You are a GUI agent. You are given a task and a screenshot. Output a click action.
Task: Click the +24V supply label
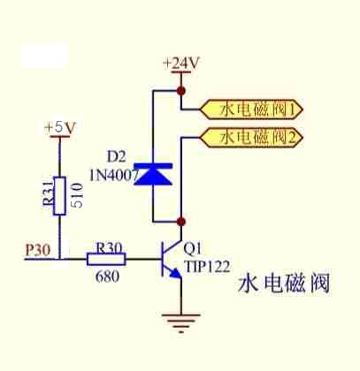(x=181, y=63)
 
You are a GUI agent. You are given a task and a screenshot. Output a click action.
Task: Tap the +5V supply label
(x=60, y=128)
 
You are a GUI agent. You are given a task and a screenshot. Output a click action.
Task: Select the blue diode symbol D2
(x=153, y=174)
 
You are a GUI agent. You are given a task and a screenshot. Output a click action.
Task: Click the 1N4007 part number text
(x=114, y=176)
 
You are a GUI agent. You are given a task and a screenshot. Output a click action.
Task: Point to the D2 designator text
(x=116, y=157)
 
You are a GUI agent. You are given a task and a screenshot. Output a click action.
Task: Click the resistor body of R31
(x=59, y=196)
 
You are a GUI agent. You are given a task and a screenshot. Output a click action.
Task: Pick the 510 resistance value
(x=77, y=195)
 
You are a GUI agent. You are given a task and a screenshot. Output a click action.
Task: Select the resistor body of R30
(x=106, y=259)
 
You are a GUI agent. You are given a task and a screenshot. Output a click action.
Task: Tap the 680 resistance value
(x=108, y=276)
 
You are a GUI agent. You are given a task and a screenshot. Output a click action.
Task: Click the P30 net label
(x=38, y=250)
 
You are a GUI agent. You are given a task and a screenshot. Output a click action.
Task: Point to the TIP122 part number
(x=207, y=267)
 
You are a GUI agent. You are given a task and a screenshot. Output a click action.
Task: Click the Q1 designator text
(x=192, y=249)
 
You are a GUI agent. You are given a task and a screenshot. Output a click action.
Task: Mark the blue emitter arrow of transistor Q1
(x=176, y=274)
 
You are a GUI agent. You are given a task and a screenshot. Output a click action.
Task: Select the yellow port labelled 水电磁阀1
(x=251, y=110)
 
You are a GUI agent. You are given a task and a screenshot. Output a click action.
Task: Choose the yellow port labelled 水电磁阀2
(x=251, y=137)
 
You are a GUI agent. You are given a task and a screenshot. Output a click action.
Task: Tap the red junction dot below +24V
(x=181, y=90)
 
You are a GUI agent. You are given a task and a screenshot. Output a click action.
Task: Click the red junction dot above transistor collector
(x=181, y=221)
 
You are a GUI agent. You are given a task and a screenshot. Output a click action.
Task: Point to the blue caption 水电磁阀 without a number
(x=284, y=284)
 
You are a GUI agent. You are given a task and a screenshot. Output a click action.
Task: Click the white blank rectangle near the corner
(x=44, y=56)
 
